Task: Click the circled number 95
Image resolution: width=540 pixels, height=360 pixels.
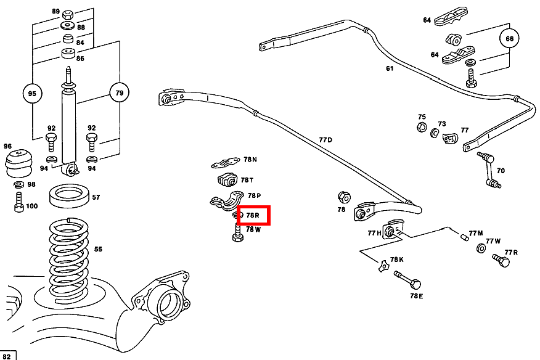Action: click(33, 94)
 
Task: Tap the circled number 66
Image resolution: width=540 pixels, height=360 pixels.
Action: click(509, 39)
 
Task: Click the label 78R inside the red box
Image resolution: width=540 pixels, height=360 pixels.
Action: click(253, 215)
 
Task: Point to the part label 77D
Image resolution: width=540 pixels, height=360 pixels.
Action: click(325, 141)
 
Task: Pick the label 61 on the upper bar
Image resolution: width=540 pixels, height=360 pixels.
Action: click(390, 68)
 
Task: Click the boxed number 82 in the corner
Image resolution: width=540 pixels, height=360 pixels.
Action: click(9, 355)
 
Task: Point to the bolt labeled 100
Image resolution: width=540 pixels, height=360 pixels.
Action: click(19, 202)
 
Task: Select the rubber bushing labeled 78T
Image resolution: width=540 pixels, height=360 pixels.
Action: click(227, 181)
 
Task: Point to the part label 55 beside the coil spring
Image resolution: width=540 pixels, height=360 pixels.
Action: click(97, 249)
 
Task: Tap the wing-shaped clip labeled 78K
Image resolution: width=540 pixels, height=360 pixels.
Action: click(384, 266)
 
